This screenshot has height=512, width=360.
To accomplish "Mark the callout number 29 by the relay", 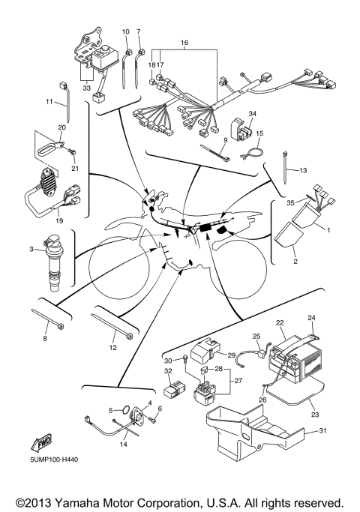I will pyautogui.click(x=231, y=354).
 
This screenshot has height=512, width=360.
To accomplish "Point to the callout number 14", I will pyautogui.click(x=124, y=445).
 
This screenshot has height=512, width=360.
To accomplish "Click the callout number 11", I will pyautogui.click(x=49, y=101).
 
